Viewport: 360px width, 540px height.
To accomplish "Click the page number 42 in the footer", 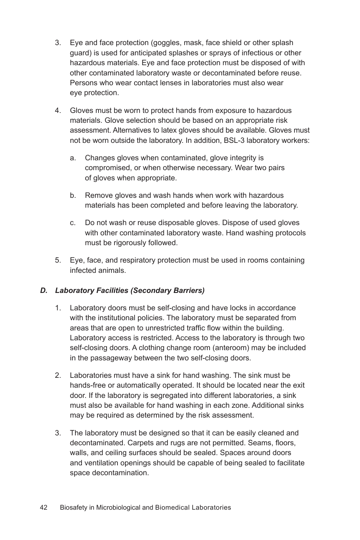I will coord(44,507).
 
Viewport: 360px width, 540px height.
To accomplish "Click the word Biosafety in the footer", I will coord(73,507).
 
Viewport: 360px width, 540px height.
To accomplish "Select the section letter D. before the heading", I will coord(44,291).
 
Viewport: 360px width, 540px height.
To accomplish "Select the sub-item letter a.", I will coord(73,158).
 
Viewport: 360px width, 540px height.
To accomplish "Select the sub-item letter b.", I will coord(73,196).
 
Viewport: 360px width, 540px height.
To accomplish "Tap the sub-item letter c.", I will coord(73,223).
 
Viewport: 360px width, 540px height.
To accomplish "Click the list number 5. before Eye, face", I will coord(58,260).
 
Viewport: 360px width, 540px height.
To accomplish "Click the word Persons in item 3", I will coord(83,83).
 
